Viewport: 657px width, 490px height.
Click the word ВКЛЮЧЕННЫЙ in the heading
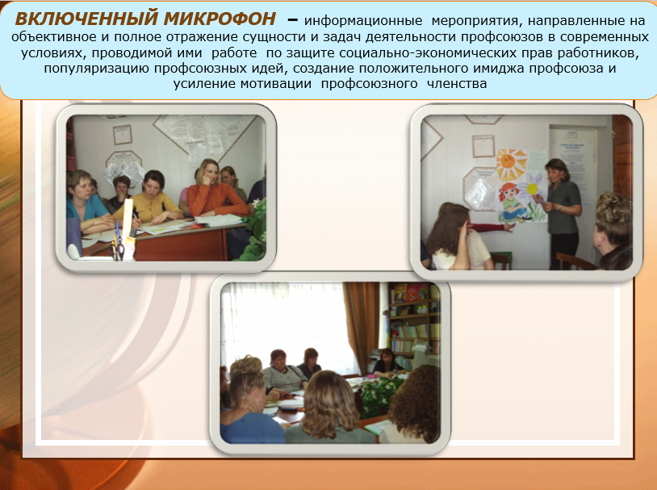[x=86, y=19]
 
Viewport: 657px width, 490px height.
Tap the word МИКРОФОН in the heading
[x=220, y=19]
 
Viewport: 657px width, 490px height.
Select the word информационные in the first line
[x=363, y=21]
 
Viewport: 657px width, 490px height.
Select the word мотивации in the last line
[x=275, y=84]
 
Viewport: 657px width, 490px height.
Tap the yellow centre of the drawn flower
[x=532, y=189]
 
